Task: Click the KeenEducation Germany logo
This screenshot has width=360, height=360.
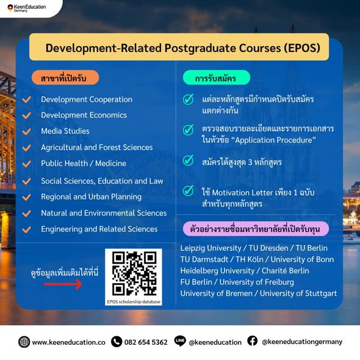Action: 27,8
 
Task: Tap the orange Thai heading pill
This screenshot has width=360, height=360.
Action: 65,77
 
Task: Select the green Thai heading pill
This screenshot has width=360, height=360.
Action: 216,77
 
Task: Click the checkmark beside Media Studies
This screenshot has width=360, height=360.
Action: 27,131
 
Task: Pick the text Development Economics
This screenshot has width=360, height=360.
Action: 84,115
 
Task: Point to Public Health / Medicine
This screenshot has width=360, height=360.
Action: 84,164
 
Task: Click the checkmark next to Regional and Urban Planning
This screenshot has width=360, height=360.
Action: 27,197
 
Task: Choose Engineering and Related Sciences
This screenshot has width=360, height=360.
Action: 99,229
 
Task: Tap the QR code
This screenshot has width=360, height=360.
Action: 134,273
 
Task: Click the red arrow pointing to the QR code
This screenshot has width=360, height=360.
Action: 63,284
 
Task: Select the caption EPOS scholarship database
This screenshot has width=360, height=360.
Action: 134,301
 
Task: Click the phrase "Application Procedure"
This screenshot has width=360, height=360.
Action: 275,140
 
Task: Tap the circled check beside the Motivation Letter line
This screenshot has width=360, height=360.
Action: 189,191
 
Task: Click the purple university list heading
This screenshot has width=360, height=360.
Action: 256,229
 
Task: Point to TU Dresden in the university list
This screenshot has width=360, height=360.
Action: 268,248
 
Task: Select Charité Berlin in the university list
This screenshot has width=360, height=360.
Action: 285,271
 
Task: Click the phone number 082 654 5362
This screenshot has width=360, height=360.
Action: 146,342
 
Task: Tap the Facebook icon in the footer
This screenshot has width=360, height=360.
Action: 253,341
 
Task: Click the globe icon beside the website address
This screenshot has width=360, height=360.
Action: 24,342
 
